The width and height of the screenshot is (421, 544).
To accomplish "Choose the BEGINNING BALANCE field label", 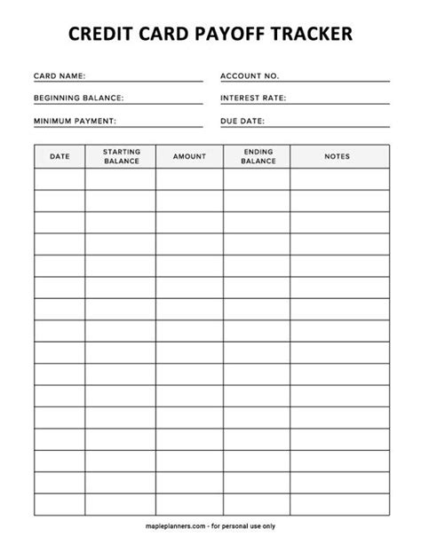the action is (78, 98).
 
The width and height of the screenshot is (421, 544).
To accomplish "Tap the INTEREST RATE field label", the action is (253, 98).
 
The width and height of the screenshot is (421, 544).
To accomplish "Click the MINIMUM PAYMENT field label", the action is (75, 120).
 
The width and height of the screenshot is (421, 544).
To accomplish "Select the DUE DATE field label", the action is (242, 120).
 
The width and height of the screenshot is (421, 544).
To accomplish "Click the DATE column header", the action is (60, 156).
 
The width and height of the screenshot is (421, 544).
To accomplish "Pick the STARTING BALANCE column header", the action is (121, 156).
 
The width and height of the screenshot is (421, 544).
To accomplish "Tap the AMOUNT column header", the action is (189, 156).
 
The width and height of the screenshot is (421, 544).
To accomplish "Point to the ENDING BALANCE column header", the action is (257, 156).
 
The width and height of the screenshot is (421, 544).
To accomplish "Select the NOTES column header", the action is (338, 156).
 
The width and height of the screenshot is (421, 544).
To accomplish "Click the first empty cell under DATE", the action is (60, 179).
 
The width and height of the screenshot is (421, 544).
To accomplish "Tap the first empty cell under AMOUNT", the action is (189, 179).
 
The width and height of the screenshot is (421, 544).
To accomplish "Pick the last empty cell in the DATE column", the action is (60, 506).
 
